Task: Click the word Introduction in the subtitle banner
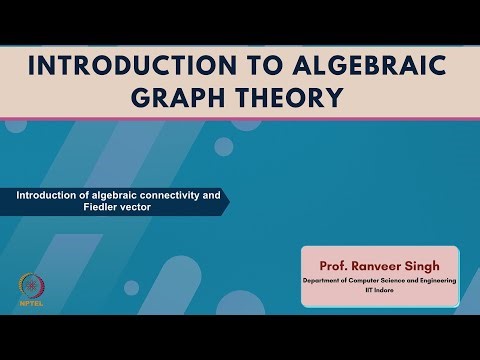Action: [x=48, y=195]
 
